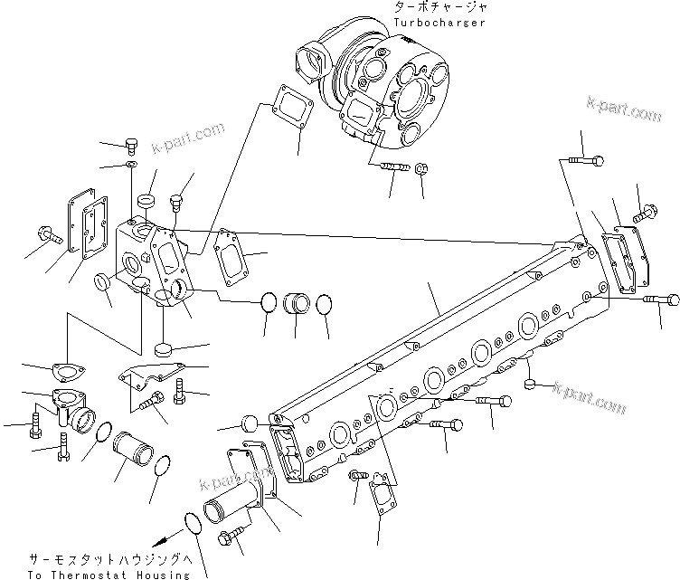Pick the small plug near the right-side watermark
[534, 385]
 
